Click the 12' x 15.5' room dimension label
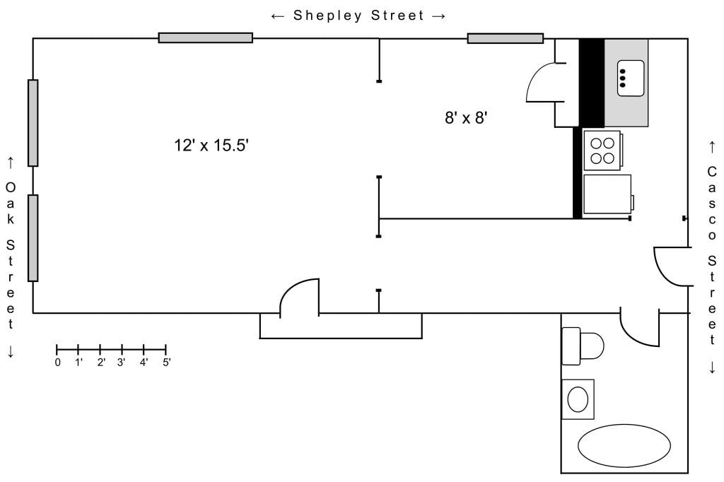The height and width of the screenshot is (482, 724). tap(211, 145)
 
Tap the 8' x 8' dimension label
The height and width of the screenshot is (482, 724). tap(466, 118)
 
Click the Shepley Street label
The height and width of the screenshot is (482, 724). tap(358, 16)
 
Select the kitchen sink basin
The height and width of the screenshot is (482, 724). tap(631, 78)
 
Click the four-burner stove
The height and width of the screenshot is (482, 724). tap(603, 151)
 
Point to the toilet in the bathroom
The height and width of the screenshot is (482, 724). tap(583, 346)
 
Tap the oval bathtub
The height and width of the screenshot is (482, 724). tap(624, 445)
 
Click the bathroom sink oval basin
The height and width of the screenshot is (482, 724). tap(578, 399)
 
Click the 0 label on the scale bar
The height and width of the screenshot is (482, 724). tap(58, 363)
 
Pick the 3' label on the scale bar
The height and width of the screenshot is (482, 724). tap(122, 362)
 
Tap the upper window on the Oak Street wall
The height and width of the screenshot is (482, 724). tap(33, 123)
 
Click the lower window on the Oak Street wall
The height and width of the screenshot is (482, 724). tap(33, 237)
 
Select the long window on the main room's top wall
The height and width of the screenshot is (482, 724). tap(206, 38)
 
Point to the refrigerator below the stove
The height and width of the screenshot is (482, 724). tap(608, 194)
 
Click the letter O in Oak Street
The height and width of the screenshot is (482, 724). tap(10, 187)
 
